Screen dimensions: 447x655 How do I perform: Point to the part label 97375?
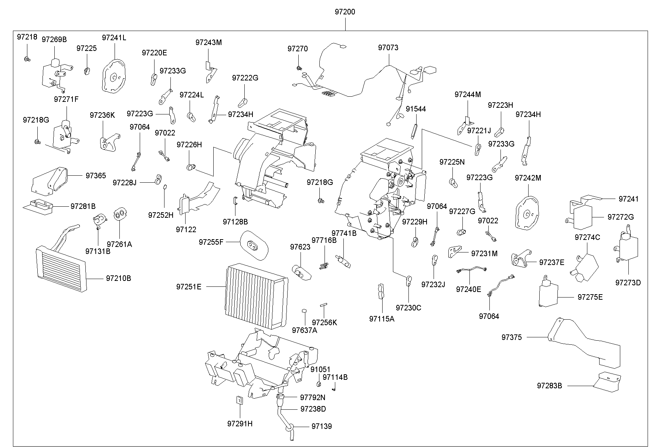pos(512,337)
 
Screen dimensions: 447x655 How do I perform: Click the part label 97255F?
pos(211,242)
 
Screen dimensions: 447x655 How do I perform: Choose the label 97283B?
pos(549,386)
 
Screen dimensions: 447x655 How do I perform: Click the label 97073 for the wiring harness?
pos(388,48)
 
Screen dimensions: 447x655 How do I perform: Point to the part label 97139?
pos(322,426)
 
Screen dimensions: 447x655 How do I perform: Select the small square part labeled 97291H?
pos(239,400)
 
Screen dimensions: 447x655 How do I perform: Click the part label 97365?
pos(96,176)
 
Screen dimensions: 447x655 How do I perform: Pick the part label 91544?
pos(416,109)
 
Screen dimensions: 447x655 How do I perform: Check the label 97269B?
pos(54,39)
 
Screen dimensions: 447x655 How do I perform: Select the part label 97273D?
pos(628,283)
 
